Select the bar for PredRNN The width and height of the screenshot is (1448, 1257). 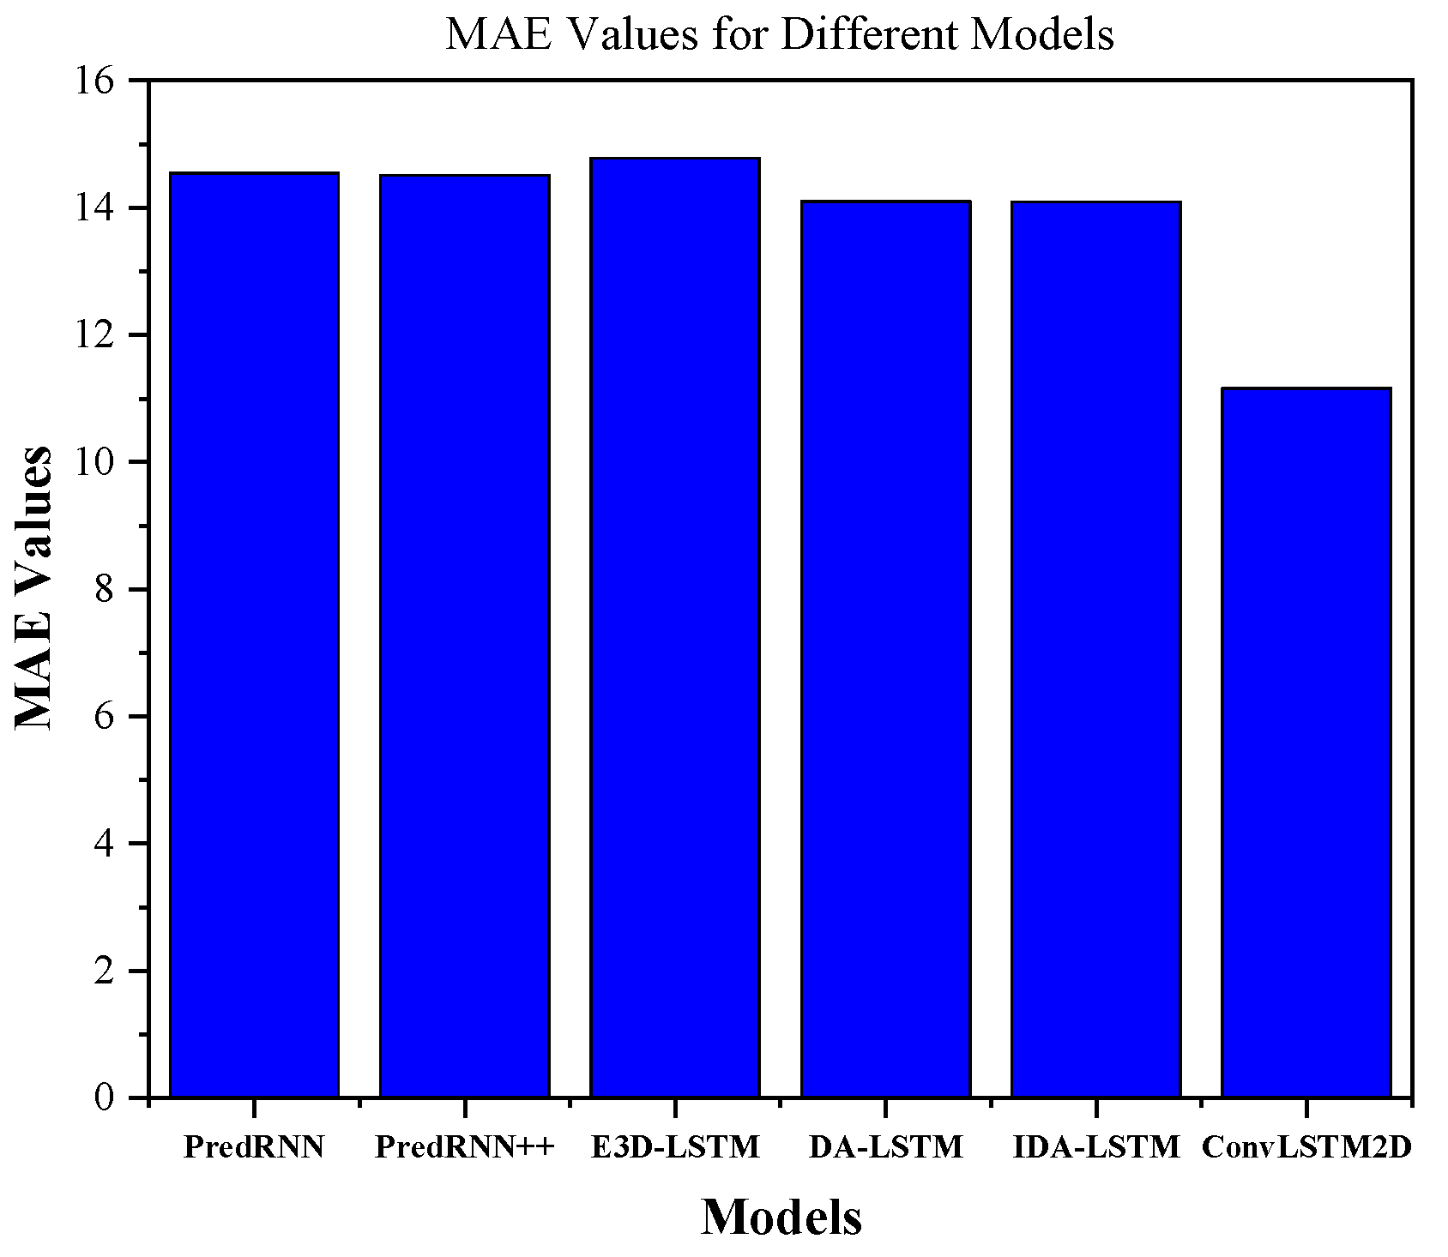point(254,635)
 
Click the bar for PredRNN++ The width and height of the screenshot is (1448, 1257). point(464,636)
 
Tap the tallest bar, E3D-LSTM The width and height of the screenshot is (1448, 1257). point(675,628)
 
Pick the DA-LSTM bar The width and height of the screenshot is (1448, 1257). point(885,649)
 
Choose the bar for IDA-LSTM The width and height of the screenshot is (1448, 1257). point(1095,649)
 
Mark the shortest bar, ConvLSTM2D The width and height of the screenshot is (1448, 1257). point(1306,743)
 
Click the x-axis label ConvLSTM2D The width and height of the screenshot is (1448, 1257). point(1306,1147)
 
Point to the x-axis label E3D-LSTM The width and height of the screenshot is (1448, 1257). point(675,1147)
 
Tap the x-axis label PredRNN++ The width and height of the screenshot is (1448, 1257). point(465,1147)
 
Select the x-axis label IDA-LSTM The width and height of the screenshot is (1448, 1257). point(1095,1147)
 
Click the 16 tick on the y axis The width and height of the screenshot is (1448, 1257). point(96,81)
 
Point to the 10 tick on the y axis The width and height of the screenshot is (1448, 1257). point(96,463)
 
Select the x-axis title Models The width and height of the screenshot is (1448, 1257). point(781,1217)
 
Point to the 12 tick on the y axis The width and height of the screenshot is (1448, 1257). point(96,336)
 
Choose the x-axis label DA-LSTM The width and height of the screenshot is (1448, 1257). point(885,1147)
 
